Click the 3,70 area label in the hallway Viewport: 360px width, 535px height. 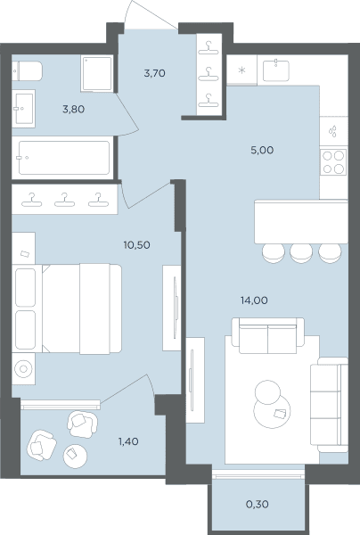[154, 73]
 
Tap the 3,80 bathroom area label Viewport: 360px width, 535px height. [74, 109]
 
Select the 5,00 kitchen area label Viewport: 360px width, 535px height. [262, 150]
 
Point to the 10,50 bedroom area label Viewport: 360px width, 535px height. [136, 245]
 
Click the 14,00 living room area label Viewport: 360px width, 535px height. [254, 300]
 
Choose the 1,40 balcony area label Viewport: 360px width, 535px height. [128, 441]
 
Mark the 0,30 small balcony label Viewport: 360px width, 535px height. [257, 504]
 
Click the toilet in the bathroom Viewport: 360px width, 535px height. [27, 71]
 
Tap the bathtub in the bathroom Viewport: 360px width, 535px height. [64, 158]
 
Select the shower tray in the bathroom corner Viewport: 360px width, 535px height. [97, 74]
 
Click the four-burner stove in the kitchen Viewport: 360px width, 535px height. [333, 162]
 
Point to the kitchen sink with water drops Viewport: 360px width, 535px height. [333, 132]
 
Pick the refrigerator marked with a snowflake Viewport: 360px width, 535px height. [241, 70]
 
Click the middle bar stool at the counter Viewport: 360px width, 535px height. [301, 253]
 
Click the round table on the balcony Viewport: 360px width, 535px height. [75, 457]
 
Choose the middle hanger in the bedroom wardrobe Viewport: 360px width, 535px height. [64, 200]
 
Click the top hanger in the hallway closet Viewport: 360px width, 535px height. [209, 47]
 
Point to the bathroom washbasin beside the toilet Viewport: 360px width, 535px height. [23, 109]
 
